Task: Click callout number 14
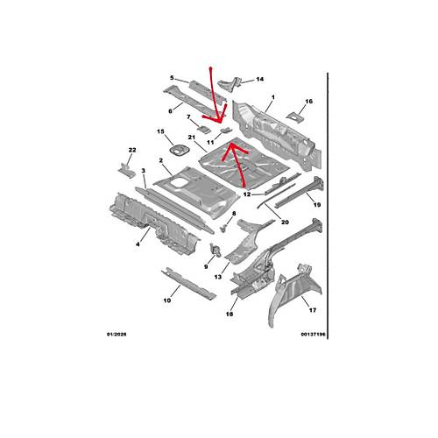point(260,79)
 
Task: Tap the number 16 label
point(308,102)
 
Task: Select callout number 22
point(132,150)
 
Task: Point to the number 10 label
point(167,300)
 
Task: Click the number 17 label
point(313,310)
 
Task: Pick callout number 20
point(285,223)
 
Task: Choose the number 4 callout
point(138,244)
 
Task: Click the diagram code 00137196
point(313,335)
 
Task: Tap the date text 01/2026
point(117,335)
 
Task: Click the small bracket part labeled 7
point(204,129)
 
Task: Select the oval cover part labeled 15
point(179,150)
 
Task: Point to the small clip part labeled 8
point(223,228)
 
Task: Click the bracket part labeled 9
point(215,251)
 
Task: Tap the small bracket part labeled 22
point(127,170)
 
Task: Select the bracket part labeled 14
point(230,84)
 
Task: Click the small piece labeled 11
point(226,130)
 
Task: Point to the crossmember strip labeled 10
point(188,283)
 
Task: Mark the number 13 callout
point(218,277)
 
